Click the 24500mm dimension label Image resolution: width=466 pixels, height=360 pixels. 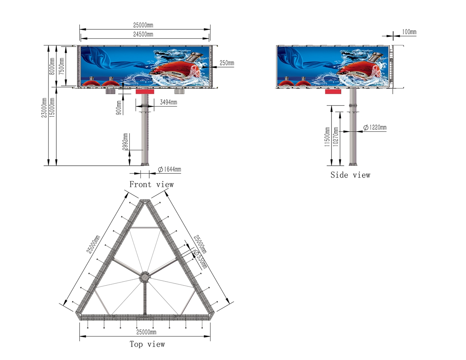(143, 34)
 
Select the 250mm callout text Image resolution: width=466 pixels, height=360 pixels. (227, 63)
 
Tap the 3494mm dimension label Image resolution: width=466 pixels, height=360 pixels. (168, 103)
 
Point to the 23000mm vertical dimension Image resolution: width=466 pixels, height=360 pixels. (44, 108)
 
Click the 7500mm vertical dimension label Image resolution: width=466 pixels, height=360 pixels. (61, 66)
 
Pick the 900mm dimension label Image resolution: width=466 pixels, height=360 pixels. (119, 108)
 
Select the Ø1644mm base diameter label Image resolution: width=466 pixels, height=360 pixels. (169, 170)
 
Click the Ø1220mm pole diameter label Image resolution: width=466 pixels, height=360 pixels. (375, 128)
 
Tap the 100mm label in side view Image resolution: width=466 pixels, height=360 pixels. (409, 32)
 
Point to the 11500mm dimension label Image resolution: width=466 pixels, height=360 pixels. (327, 137)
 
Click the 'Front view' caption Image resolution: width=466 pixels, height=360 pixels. (151, 185)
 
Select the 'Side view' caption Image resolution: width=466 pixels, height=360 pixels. (350, 175)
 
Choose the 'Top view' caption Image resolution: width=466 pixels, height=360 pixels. (147, 344)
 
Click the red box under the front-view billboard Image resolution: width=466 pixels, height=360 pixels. (145, 92)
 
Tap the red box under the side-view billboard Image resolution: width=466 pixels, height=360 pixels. (333, 91)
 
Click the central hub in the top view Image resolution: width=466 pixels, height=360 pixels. (144, 277)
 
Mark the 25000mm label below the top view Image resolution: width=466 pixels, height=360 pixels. (146, 332)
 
